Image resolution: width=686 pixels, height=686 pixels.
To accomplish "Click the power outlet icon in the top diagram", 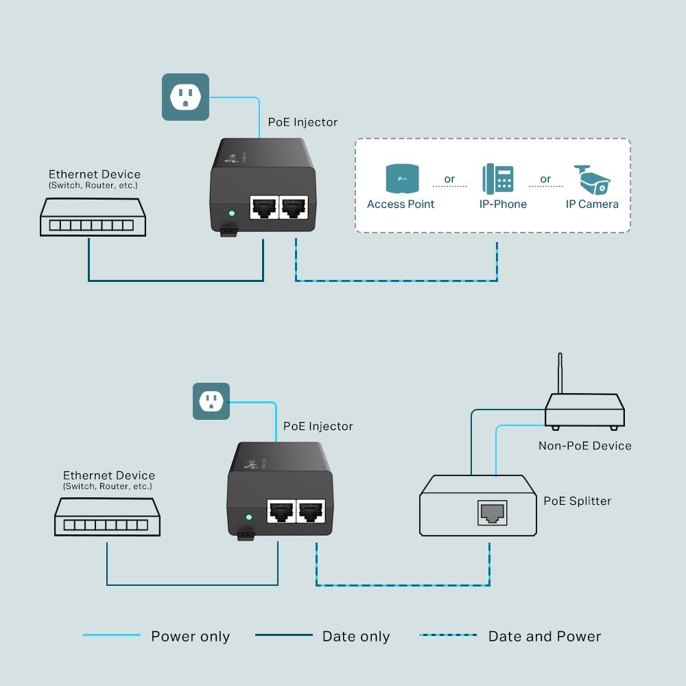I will click(185, 97).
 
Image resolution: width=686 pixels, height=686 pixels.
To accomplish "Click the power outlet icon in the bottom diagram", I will click(211, 401).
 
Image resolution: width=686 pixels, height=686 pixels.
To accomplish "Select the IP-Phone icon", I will click(498, 178).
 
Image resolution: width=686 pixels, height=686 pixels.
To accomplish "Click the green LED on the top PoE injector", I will click(232, 213).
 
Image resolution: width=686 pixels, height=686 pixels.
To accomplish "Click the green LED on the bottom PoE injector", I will click(249, 517).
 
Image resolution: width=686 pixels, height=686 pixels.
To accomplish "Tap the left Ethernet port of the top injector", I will click(263, 206).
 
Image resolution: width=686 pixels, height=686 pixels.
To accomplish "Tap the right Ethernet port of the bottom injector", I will click(312, 511).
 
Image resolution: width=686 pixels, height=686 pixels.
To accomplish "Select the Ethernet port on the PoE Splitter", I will click(491, 512).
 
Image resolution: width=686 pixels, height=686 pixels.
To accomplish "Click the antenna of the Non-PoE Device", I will click(560, 374).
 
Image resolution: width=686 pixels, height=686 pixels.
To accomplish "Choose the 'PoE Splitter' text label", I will click(577, 501).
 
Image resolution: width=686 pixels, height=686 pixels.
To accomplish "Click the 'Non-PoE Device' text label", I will click(584, 446).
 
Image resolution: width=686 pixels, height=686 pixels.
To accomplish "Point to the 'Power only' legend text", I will click(190, 637).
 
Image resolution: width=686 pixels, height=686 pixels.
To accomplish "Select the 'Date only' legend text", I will click(356, 637).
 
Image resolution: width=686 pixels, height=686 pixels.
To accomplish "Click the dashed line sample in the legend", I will click(448, 635).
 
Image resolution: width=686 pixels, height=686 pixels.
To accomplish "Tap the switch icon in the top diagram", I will click(93, 217).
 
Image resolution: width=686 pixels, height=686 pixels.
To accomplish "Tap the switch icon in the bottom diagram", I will click(108, 517).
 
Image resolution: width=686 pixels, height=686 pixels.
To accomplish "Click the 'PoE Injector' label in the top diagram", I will click(303, 122).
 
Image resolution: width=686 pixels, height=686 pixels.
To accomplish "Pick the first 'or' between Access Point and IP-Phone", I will click(449, 179).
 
